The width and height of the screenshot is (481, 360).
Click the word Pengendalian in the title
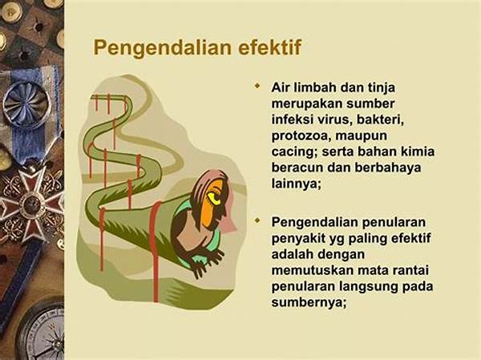pos(163,48)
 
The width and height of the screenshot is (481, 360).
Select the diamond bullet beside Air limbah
pos(257,86)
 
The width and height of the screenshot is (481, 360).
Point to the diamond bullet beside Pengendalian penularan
pos(257,220)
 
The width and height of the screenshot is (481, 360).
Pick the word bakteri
pos(380,119)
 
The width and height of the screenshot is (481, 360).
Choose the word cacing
pos(294,152)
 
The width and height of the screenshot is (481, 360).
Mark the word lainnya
pos(296,184)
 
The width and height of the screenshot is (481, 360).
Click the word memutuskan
pos(312,270)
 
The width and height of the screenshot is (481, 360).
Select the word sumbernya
pos(309,303)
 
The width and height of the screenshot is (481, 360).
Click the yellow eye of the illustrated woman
pos(215,197)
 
